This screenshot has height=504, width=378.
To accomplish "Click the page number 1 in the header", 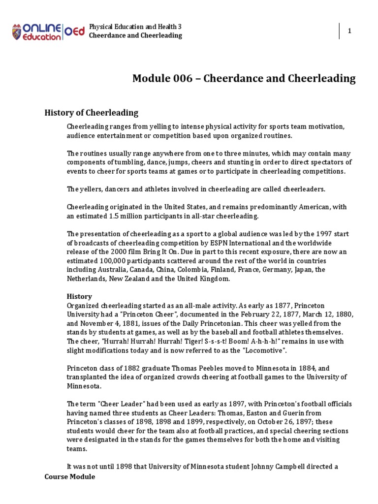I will (x=349, y=31).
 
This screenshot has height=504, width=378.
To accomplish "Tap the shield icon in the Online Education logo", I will (x=17, y=32).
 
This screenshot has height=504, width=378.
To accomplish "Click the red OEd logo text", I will (x=75, y=31).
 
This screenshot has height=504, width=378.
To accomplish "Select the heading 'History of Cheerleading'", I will (x=92, y=113).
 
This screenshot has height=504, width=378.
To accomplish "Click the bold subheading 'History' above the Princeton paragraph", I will (x=79, y=296).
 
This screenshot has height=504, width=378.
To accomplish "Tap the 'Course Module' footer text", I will (x=69, y=476).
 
